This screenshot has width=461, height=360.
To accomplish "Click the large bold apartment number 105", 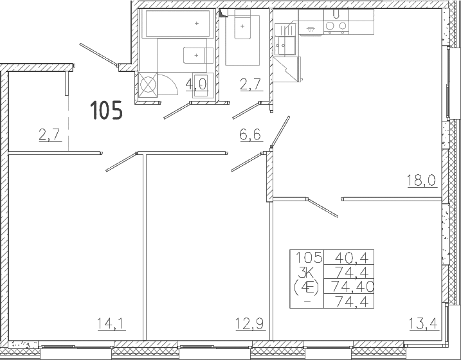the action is click(106, 110).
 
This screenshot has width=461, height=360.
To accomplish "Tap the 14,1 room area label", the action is click(111, 324).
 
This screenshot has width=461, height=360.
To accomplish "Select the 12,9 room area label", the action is click(250, 324).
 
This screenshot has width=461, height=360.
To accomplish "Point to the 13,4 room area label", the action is click(423, 324).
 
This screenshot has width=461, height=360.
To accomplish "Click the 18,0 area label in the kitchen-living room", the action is click(422, 180).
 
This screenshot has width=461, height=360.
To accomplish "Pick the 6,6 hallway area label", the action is click(251, 135).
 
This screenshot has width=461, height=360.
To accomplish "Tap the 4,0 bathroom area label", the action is click(196, 84).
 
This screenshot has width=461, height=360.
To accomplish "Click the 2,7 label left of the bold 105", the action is click(50, 135).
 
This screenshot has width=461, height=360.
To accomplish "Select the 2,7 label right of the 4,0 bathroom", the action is click(251, 84).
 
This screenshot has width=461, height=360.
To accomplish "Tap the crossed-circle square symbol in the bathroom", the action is click(148, 85).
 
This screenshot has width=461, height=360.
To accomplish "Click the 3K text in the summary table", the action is click(306, 273).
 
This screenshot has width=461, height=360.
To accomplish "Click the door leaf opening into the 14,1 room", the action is click(121, 161).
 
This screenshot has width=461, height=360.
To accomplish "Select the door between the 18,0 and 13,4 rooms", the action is click(322, 208).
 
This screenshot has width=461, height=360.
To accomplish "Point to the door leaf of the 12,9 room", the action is click(246, 161).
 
